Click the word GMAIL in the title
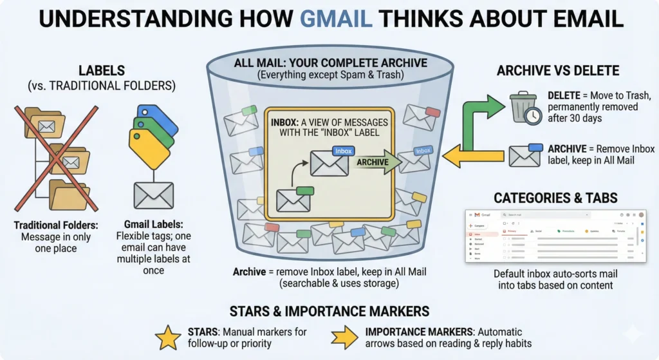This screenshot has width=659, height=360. click(336, 19)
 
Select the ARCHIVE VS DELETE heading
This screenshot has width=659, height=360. click(557, 71)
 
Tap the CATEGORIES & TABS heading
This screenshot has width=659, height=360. click(557, 197)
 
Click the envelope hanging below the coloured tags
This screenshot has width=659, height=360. click(153, 195)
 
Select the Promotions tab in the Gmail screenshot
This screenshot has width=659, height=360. click(568, 230)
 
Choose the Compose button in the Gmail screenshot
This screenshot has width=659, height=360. click(479, 226)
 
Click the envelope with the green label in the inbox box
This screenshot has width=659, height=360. click(293, 199)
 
